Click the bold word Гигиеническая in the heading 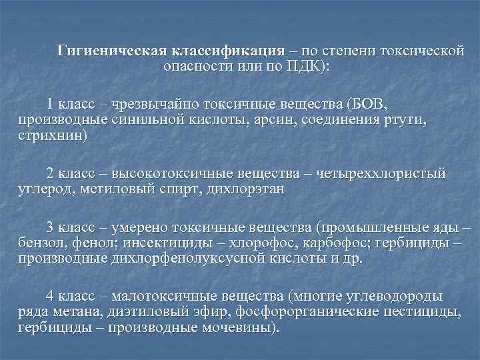coord(112,50)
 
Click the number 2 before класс coord(49,173)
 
